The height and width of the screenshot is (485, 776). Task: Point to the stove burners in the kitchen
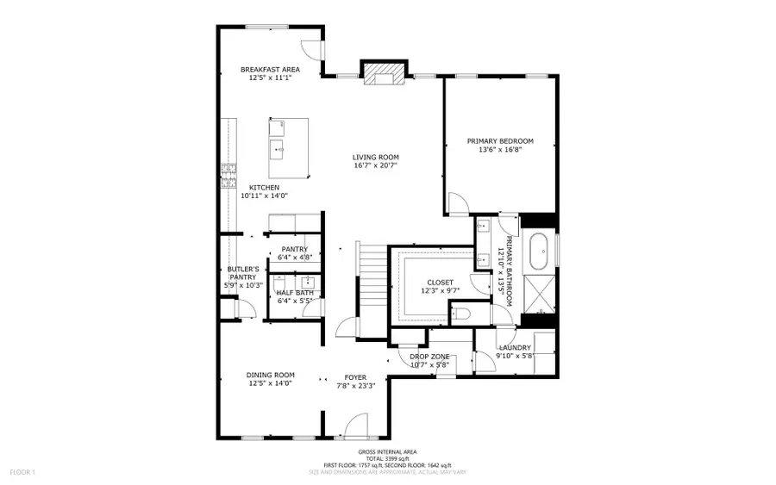pyautogui.click(x=228, y=176)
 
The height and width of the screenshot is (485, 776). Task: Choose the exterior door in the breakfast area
pyautogui.click(x=312, y=52)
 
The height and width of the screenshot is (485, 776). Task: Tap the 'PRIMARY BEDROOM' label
pyautogui.click(x=500, y=141)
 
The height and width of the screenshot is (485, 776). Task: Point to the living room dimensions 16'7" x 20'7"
pyautogui.click(x=375, y=166)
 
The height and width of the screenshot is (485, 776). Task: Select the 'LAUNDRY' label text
pyautogui.click(x=514, y=348)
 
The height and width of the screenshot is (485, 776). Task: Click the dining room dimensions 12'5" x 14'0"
pyautogui.click(x=271, y=384)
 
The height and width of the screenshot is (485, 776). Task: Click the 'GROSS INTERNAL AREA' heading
pyautogui.click(x=387, y=452)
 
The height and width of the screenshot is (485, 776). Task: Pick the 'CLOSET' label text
pyautogui.click(x=440, y=283)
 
